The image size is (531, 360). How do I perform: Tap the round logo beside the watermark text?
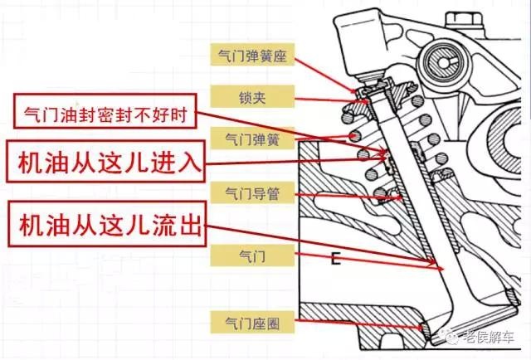[455, 337]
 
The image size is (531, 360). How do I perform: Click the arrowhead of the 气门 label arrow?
[437, 265]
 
